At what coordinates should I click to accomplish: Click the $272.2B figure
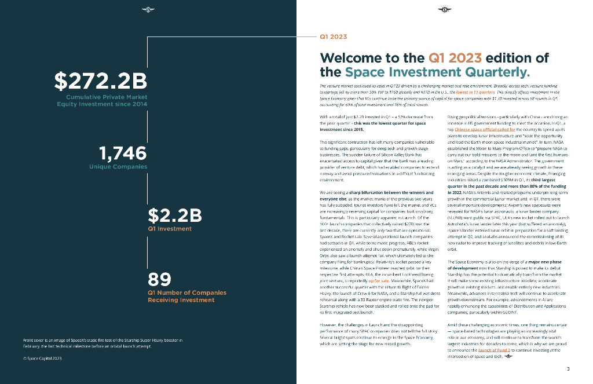click(100, 81)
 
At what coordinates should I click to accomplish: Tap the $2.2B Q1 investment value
click(175, 215)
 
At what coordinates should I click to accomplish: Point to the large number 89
click(159, 279)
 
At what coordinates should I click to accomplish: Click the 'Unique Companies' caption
click(118, 167)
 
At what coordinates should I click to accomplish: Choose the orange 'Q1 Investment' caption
click(170, 229)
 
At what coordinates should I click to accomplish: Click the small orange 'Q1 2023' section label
click(333, 36)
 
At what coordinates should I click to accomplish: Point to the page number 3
click(568, 369)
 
